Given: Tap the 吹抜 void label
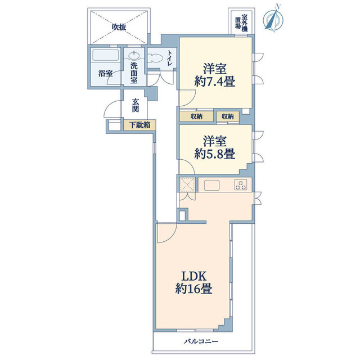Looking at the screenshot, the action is (x=119, y=28).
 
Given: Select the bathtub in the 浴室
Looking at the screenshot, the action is (x=105, y=55).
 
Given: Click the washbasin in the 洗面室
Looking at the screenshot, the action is (x=134, y=55).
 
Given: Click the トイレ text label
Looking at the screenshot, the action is (x=170, y=58).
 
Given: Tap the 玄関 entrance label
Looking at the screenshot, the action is (x=136, y=105).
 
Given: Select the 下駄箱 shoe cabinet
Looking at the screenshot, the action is (x=139, y=125).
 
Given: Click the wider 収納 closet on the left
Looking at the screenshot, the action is (x=196, y=116).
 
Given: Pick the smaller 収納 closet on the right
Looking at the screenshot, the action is (x=228, y=116).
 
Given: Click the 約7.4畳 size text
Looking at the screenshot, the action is (x=215, y=82).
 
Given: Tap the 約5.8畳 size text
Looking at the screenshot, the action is (x=215, y=154).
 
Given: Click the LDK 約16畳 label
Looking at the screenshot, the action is (x=193, y=282).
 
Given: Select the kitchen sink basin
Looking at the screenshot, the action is (x=211, y=185).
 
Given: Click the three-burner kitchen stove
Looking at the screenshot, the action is (x=241, y=185).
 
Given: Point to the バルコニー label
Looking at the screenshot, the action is (x=201, y=341).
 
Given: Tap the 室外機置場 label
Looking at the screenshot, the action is (x=241, y=21).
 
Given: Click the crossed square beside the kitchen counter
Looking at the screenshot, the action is (x=187, y=184).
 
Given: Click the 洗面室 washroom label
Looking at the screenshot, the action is (x=134, y=73).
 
